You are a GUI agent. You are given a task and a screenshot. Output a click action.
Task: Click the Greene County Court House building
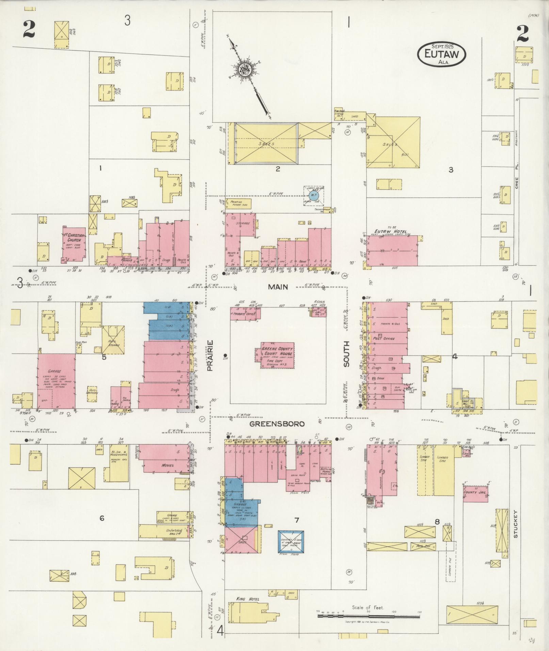(x=277, y=355)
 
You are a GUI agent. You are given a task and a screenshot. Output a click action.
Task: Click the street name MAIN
(x=278, y=287)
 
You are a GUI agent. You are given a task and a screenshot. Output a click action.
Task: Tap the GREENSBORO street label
(x=277, y=424)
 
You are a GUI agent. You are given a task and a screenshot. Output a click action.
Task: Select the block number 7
(x=297, y=520)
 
